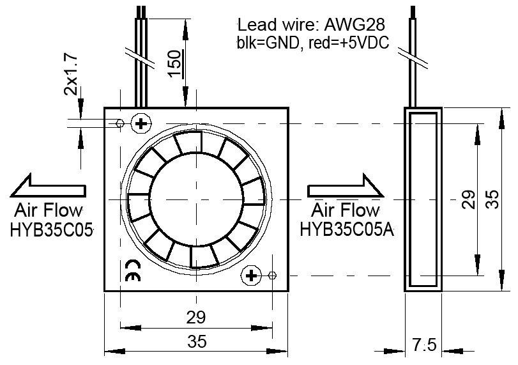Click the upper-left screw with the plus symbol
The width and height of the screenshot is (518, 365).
click(140, 123)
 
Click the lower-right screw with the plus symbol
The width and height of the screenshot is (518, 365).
click(251, 276)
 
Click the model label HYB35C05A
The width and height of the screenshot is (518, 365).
click(347, 229)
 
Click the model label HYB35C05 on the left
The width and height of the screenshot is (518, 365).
click(52, 229)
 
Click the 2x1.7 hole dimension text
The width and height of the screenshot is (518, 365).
click(72, 75)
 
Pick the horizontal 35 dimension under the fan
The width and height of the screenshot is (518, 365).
click(197, 342)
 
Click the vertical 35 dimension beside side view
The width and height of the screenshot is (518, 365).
click(491, 199)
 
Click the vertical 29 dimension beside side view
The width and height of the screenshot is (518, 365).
click(468, 199)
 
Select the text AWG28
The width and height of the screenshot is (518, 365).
click(354, 25)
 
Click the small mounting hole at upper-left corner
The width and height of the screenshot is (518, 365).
click(120, 123)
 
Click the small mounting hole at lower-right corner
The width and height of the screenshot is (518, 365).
click(273, 276)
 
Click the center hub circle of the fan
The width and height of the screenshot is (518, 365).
click(196, 199)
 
